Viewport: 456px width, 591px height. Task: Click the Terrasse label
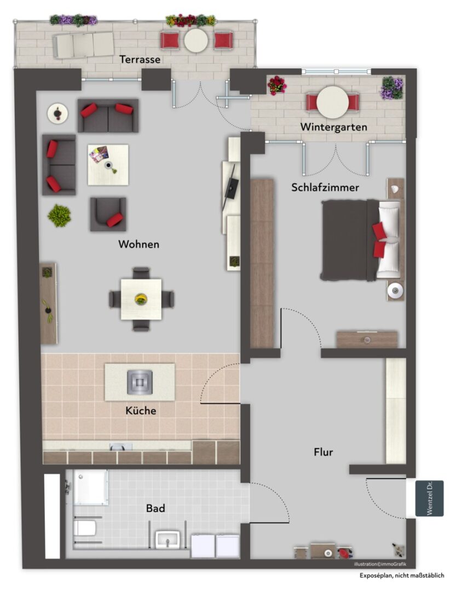point(140,59)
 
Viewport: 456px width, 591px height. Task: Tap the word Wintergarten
point(333,127)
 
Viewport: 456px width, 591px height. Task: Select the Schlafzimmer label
point(325,187)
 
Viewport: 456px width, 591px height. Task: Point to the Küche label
point(141,410)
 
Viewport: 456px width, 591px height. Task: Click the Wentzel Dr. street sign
point(429,499)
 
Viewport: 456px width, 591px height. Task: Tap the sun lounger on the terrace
point(83,44)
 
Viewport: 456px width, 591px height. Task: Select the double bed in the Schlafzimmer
point(360,240)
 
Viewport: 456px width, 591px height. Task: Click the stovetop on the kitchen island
point(140,382)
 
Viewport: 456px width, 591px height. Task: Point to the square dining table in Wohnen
point(141,299)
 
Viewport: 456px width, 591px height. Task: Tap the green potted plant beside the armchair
point(59,216)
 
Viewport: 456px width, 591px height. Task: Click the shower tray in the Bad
point(90,487)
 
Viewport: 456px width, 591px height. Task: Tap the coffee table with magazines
point(108,165)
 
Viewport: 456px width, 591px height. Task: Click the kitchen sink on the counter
point(120,447)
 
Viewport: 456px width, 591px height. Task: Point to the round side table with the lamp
point(57,113)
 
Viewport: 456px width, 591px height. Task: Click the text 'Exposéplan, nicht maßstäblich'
point(402,575)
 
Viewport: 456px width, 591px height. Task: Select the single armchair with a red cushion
point(108,214)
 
